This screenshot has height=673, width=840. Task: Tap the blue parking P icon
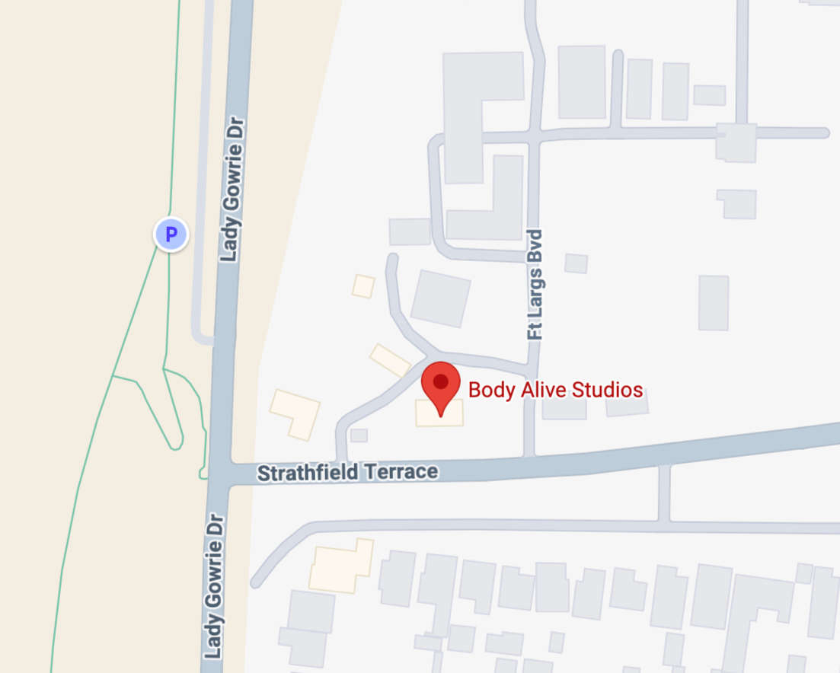(171, 234)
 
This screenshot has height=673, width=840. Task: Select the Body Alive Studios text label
(555, 391)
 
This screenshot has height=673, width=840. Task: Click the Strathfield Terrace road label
(347, 473)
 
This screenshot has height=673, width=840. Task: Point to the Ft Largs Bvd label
(535, 284)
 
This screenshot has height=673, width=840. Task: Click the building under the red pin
(439, 413)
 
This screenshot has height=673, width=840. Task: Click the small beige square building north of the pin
(364, 285)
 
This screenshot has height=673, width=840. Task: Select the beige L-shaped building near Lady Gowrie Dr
(296, 413)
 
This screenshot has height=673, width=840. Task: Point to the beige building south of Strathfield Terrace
(341, 565)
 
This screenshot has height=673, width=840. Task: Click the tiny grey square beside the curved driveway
(359, 435)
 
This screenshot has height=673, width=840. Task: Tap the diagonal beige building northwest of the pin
(390, 360)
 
